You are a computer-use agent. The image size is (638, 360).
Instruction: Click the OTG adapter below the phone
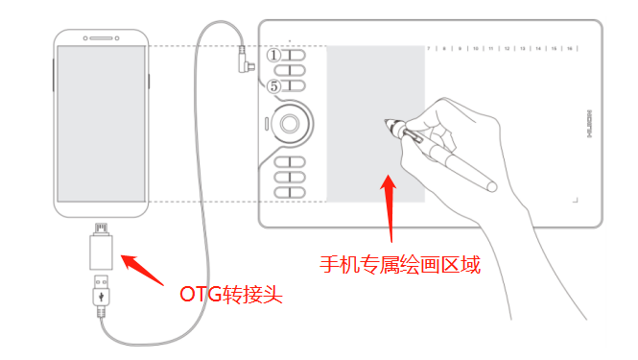[101, 252]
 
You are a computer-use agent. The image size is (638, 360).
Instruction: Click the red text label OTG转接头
[231, 293]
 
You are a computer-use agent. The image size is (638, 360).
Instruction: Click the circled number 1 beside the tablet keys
[273, 56]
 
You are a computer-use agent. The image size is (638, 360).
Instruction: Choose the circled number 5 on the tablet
[273, 86]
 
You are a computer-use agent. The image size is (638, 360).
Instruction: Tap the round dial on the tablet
[291, 122]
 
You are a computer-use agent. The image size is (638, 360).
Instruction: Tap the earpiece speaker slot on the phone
[101, 37]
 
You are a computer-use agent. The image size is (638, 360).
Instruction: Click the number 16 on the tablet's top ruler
[570, 46]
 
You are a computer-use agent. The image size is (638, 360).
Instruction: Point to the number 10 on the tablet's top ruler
[476, 46]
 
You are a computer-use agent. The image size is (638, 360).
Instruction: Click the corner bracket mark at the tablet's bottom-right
[577, 199]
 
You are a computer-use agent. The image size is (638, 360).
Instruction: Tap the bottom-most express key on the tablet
[290, 192]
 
